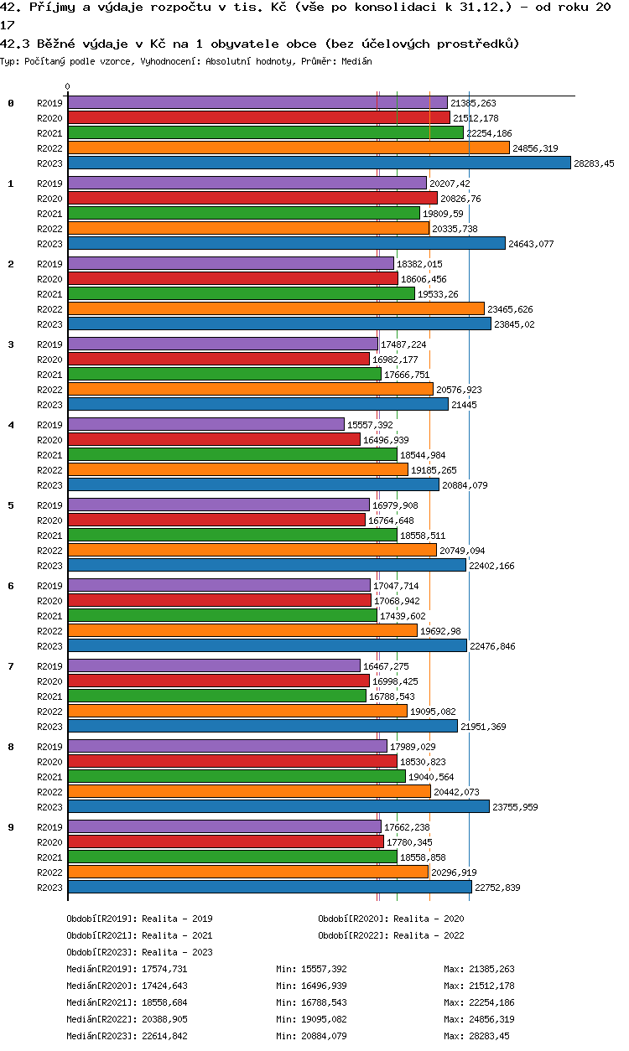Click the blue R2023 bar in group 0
(319, 163)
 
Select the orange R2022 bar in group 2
(276, 308)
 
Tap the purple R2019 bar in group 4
(205, 424)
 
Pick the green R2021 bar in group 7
(216, 696)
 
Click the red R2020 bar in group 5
(216, 520)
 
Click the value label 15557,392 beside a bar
(370, 425)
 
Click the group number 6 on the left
(11, 585)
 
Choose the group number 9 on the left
(11, 826)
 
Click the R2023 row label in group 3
(50, 405)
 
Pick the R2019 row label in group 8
(50, 747)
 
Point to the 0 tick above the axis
(68, 86)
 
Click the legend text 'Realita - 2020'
(429, 919)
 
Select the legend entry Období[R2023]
(101, 952)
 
